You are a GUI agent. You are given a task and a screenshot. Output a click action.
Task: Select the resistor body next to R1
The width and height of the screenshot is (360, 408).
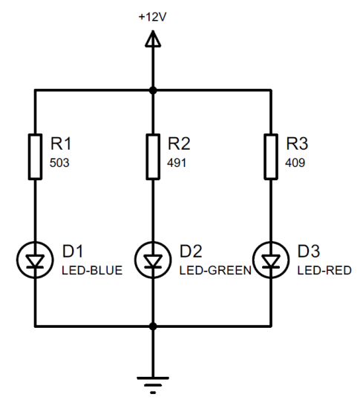[x=35, y=157]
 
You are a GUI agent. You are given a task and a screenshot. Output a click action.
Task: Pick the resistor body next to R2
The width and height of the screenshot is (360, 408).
[x=153, y=157]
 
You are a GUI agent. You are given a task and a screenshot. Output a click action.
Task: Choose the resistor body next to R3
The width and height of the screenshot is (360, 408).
[x=271, y=157]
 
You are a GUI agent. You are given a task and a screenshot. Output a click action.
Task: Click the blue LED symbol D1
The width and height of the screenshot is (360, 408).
[x=35, y=260]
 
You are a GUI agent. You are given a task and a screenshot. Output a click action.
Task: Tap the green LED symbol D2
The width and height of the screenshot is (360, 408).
[x=153, y=260]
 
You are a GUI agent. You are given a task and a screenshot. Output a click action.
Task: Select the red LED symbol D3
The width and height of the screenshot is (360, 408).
[x=271, y=260]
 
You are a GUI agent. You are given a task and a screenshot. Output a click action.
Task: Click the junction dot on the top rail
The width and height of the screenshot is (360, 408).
[x=153, y=91]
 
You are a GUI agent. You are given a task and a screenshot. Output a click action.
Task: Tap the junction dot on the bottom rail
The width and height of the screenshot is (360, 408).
[x=153, y=326]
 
